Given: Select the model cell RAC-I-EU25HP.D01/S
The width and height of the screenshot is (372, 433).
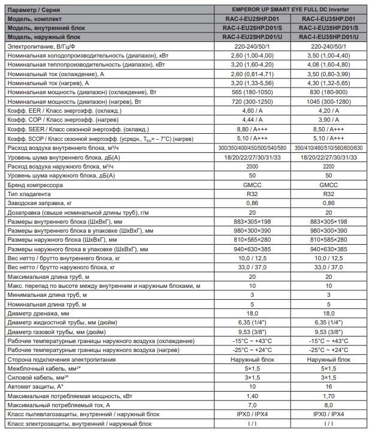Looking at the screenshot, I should [x=252, y=28].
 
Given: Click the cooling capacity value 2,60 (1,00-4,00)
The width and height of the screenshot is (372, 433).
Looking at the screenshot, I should [x=252, y=55].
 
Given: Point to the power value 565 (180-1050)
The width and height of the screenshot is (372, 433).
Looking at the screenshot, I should [x=252, y=92].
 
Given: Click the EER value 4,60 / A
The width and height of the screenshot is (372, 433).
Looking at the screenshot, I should [x=252, y=111].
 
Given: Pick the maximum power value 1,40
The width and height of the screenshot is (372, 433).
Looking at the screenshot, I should [x=252, y=396].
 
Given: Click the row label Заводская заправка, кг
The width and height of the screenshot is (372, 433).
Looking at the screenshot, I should [x=41, y=203].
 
